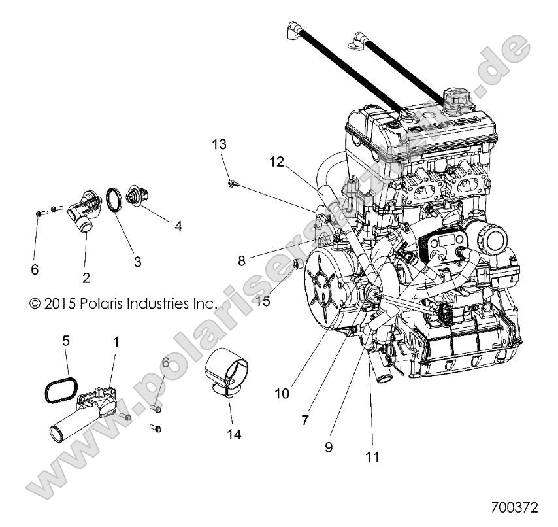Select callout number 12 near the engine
click(x=277, y=161)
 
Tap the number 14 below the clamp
click(x=234, y=433)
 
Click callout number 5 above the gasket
click(x=65, y=340)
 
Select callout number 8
click(x=242, y=260)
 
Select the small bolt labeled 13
click(x=231, y=183)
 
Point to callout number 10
click(x=282, y=394)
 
